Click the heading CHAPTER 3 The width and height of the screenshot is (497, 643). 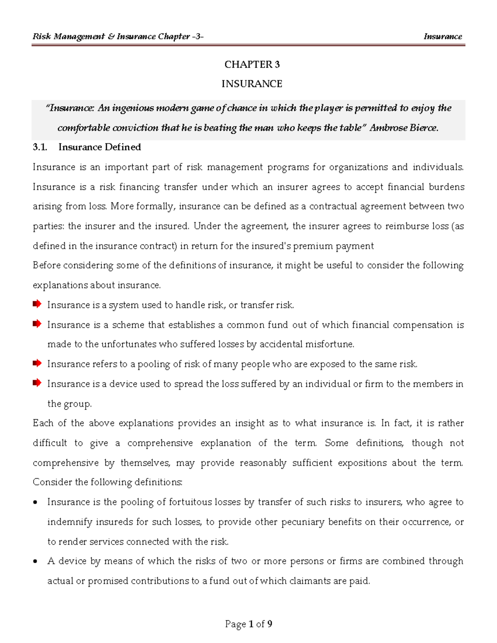(252, 65)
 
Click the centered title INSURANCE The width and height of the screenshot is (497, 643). (252, 84)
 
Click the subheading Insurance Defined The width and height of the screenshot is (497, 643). (99, 147)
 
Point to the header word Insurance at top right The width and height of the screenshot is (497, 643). (442, 36)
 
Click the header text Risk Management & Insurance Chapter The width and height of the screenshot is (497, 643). (111, 36)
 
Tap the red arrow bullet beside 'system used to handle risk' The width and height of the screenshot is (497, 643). (37, 304)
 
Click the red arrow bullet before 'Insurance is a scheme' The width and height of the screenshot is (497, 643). (37, 324)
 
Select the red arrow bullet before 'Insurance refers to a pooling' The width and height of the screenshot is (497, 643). (37, 364)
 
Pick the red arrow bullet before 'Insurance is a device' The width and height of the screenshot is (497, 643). (37, 383)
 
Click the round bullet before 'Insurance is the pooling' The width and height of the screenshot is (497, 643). (36, 503)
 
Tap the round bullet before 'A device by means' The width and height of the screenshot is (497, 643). (36, 562)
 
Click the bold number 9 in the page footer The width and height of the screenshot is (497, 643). (270, 624)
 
